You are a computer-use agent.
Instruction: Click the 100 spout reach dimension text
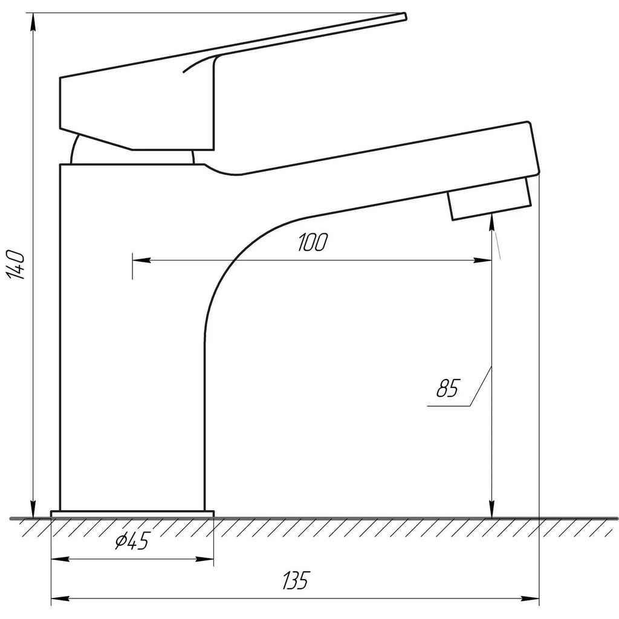tap(312, 243)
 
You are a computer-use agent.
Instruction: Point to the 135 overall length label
tap(295, 582)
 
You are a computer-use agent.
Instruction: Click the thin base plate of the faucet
tap(132, 514)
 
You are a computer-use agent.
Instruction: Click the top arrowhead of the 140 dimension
tap(33, 19)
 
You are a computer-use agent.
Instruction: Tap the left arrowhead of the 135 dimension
tap(58, 600)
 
